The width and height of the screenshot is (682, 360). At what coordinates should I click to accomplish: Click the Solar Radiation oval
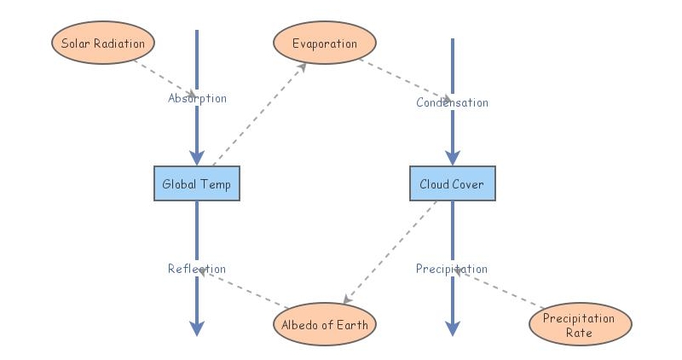(x=103, y=44)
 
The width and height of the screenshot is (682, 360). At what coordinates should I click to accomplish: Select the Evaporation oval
(x=324, y=44)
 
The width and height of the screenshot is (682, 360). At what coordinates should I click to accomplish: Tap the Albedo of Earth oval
(x=324, y=324)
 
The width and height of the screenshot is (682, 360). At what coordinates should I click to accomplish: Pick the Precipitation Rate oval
(x=581, y=324)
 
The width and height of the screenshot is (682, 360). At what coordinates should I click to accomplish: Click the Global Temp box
(x=197, y=183)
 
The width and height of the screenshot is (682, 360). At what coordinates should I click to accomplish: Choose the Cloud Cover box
(x=452, y=183)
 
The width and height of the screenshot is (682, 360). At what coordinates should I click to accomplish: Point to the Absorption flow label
(x=197, y=98)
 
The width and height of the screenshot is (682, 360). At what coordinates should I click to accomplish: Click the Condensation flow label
(x=452, y=102)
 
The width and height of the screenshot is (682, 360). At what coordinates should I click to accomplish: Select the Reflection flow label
(x=197, y=269)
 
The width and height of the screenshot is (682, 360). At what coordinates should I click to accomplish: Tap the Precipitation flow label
(x=452, y=269)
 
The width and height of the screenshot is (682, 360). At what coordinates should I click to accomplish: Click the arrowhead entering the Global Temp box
(x=197, y=158)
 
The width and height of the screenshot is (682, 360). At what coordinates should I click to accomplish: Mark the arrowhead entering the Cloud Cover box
(x=452, y=158)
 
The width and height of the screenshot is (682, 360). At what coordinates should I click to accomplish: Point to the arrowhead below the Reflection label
(x=197, y=328)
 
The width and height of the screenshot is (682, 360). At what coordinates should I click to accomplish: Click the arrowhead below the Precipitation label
(x=452, y=328)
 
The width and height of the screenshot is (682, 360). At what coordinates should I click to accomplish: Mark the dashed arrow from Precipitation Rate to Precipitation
(x=499, y=287)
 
